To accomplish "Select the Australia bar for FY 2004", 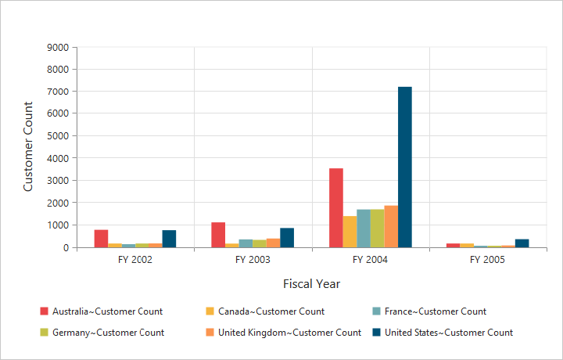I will click(336, 208).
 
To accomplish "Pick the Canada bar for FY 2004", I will click(350, 232).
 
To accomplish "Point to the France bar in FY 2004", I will click(364, 229).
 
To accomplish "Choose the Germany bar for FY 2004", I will click(378, 229).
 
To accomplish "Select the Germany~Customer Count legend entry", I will click(108, 333).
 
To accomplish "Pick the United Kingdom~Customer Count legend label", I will click(289, 333).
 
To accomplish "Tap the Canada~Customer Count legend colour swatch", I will click(208, 311).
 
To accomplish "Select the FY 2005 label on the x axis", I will click(488, 260).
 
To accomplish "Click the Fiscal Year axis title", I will click(311, 283).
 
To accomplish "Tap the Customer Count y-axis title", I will click(28, 146).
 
